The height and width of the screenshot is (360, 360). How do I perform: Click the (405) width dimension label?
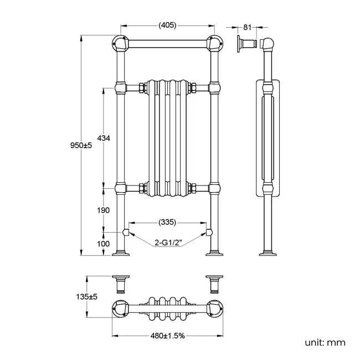(x=168, y=25)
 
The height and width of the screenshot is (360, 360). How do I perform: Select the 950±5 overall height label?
(x=80, y=145)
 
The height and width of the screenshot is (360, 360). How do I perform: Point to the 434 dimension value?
(x=104, y=138)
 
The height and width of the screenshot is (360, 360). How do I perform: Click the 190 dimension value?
(x=104, y=210)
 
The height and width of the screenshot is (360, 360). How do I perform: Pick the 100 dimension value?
(x=104, y=243)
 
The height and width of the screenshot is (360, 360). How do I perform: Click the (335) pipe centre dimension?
(x=167, y=222)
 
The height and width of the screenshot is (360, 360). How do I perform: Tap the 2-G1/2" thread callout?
(x=167, y=241)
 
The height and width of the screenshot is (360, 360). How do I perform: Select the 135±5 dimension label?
(x=87, y=297)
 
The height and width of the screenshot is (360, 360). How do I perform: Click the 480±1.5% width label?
(x=167, y=336)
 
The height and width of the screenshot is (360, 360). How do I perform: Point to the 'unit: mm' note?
(x=325, y=342)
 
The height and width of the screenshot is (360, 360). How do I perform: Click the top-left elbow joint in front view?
(x=120, y=43)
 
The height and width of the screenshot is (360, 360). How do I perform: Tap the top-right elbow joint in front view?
(x=214, y=43)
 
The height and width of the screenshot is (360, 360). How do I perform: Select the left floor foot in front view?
(x=121, y=254)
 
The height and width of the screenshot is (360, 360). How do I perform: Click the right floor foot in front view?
(x=214, y=254)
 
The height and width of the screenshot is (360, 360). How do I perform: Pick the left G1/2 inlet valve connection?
(x=126, y=232)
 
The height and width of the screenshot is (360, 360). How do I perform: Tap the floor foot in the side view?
(x=268, y=254)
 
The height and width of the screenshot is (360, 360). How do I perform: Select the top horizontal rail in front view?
(x=167, y=43)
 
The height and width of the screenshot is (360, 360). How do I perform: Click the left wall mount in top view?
(x=121, y=282)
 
